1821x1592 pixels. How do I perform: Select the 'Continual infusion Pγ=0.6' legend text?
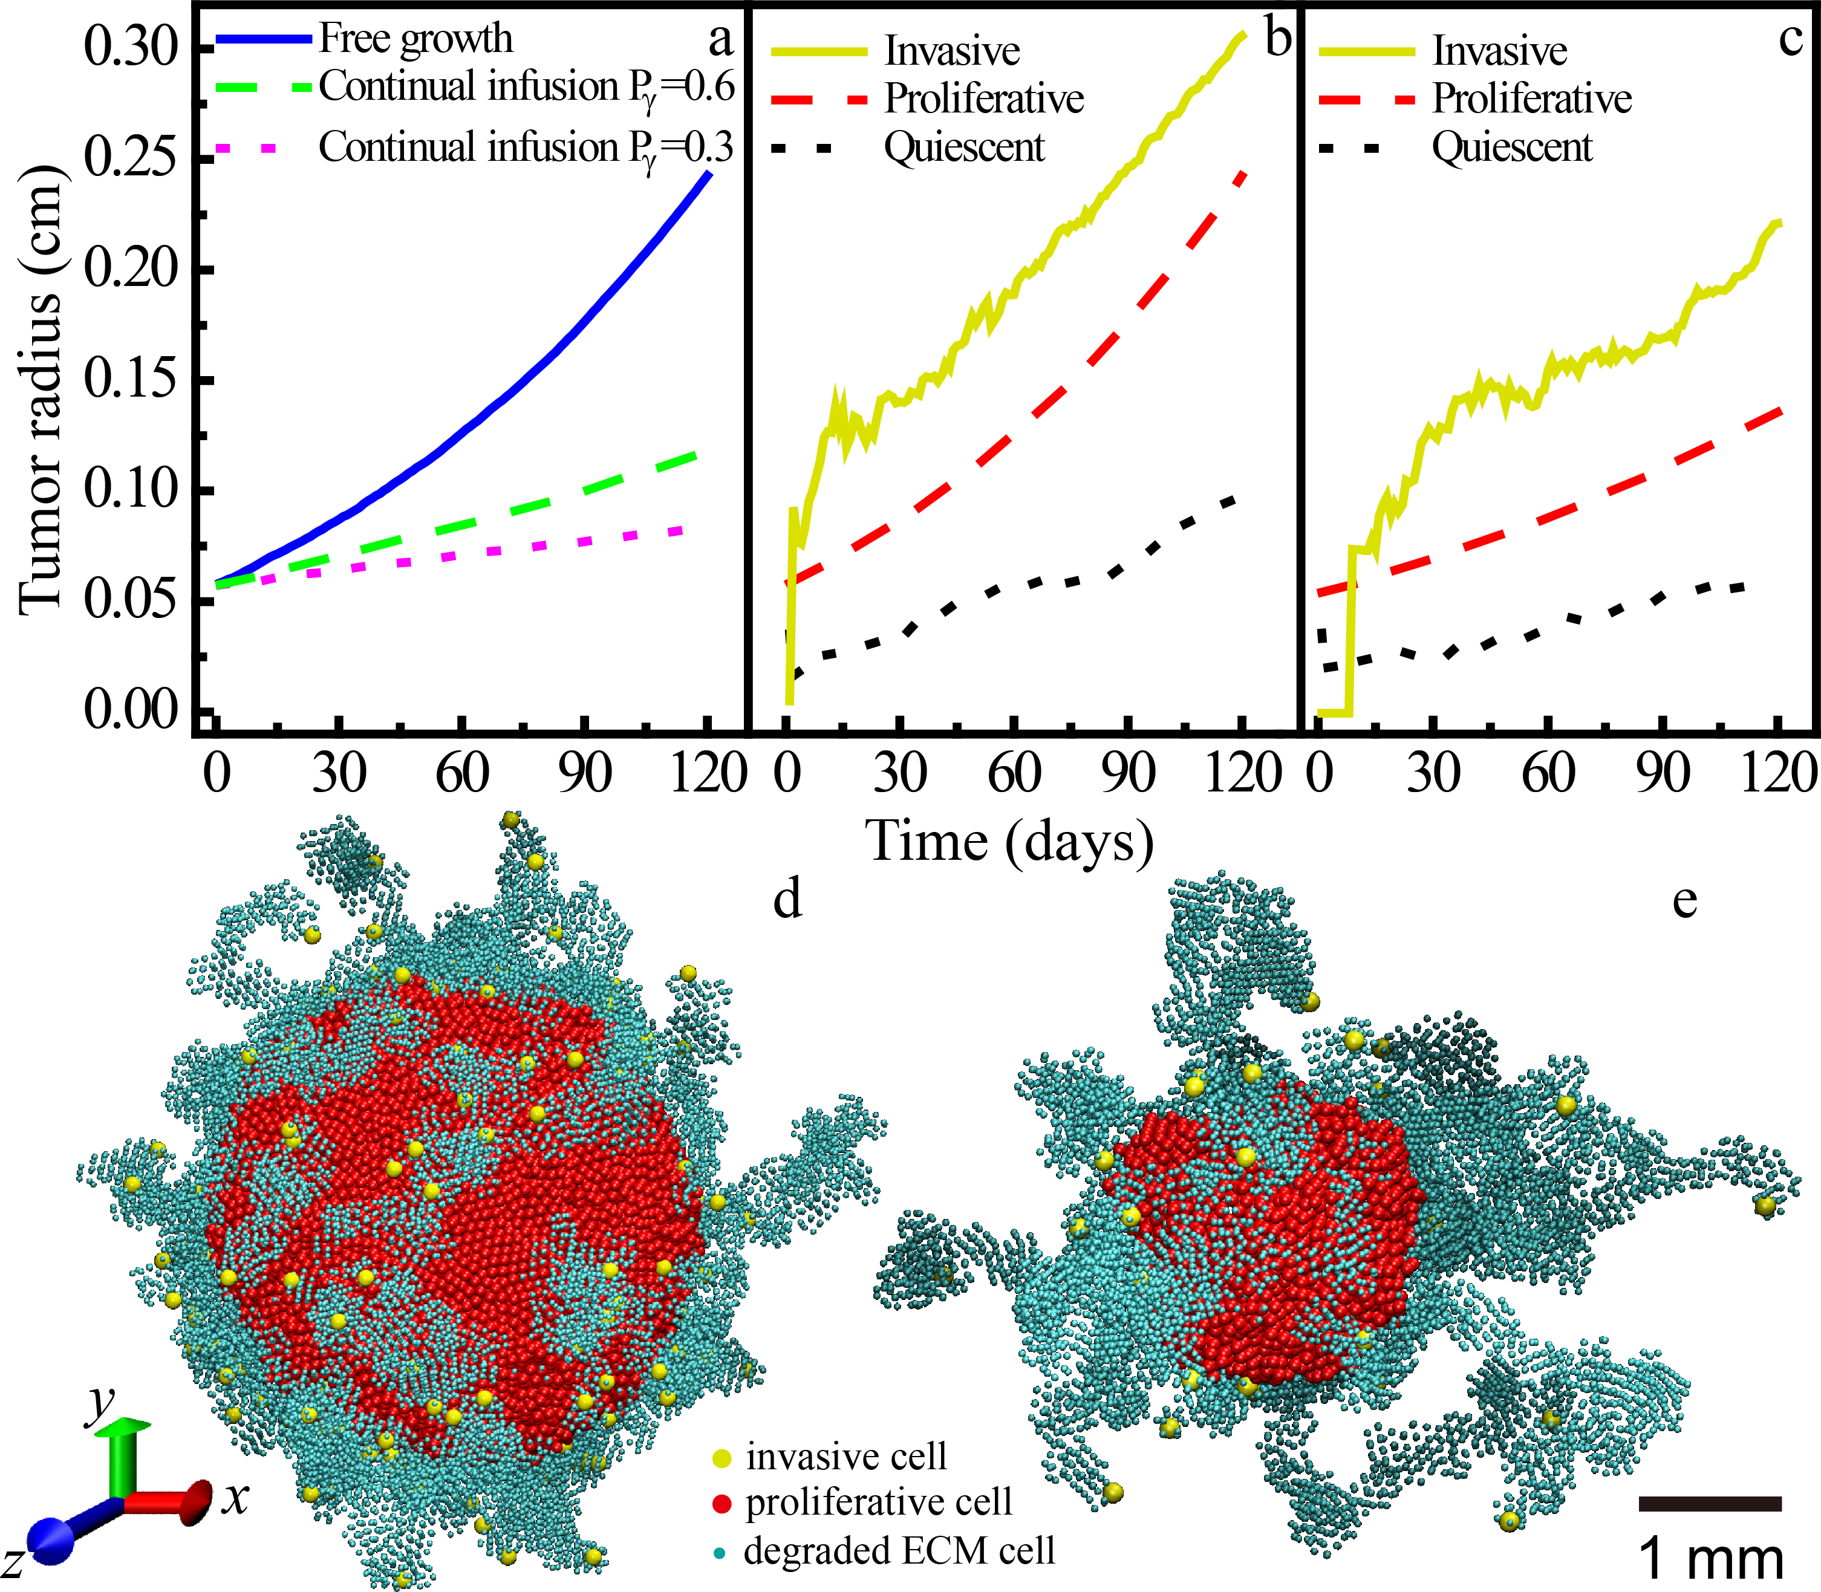526,87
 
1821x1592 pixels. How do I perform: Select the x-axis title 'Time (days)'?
1011,840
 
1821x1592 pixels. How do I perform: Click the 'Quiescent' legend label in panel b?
964,148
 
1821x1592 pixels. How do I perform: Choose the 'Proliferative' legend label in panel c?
1531,99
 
